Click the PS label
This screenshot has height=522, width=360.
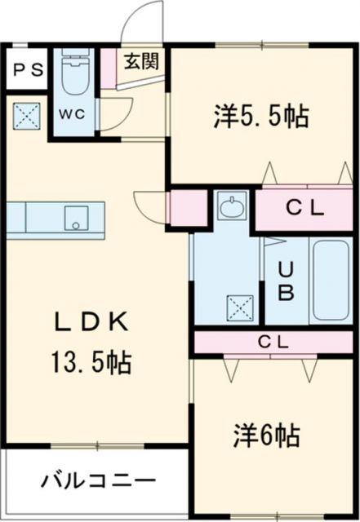tap(26, 70)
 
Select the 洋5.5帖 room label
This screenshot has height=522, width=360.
tap(261, 117)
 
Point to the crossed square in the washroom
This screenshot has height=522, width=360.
tap(240, 307)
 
